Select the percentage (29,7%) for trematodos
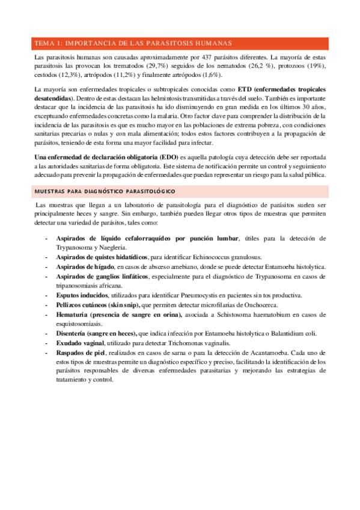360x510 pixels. [x=156, y=66]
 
